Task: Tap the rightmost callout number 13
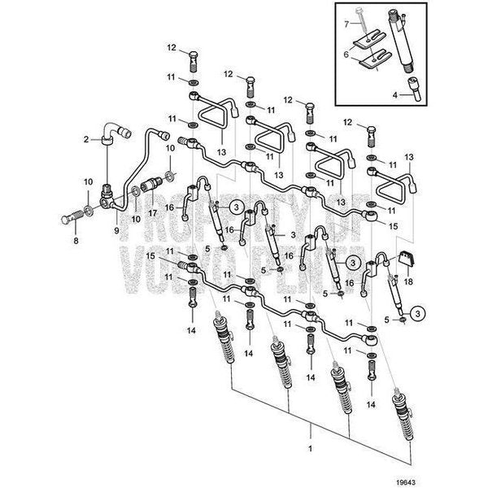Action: pyautogui.click(x=409, y=156)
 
